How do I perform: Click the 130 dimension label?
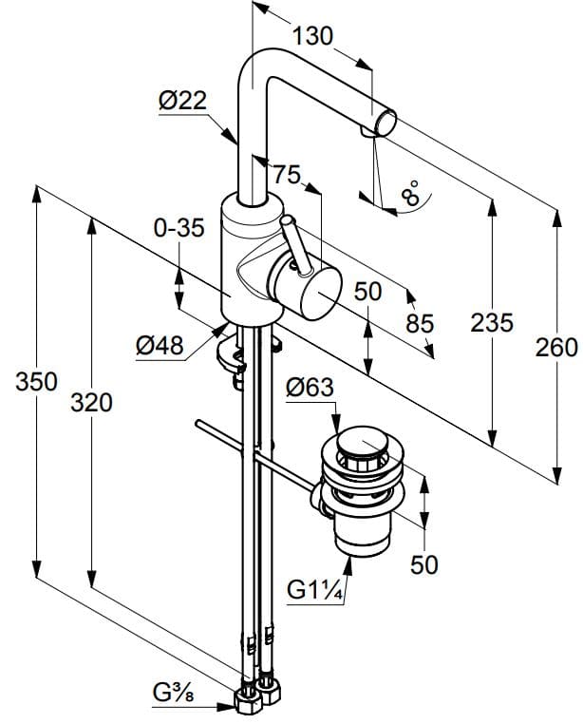[312, 36]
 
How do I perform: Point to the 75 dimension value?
[286, 176]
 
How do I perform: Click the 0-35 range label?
[178, 229]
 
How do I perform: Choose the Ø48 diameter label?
[159, 346]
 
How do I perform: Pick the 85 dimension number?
[420, 324]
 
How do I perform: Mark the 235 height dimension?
[492, 323]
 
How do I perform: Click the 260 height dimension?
[555, 348]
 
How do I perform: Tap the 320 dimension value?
[92, 403]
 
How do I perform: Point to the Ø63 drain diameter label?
[309, 388]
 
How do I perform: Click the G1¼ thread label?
[314, 589]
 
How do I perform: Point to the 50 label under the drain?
[424, 564]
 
